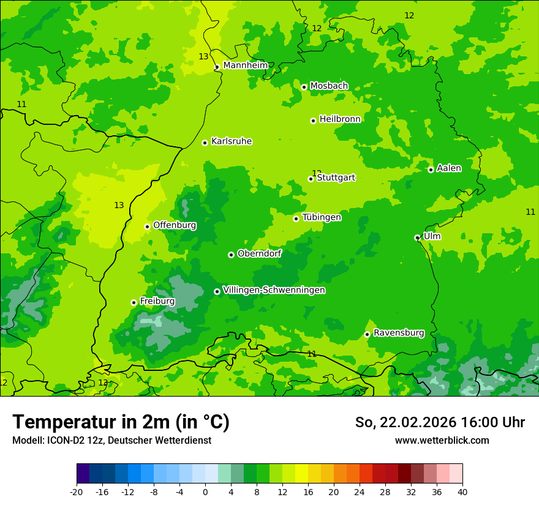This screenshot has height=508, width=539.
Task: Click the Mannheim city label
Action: click(245, 65)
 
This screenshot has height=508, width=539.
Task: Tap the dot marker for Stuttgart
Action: click(311, 179)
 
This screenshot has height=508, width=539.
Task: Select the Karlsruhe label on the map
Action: click(231, 141)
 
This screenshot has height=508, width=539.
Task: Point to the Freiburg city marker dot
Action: click(134, 302)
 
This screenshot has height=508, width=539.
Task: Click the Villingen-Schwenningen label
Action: click(274, 290)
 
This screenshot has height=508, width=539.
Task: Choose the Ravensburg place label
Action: click(398, 333)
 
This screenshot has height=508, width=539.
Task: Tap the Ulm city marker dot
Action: click(417, 237)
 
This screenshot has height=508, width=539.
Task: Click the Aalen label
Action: click(449, 168)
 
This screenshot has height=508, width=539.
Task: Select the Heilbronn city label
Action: click(340, 119)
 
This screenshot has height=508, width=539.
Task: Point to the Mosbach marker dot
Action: click(304, 87)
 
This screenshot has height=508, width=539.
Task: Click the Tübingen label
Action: click(322, 217)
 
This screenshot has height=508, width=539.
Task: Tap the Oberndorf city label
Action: click(259, 253)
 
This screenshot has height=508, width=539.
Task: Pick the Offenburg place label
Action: click(175, 225)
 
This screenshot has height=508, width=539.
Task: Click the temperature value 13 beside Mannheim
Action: click(203, 56)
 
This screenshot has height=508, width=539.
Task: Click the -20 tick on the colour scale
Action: click(77, 491)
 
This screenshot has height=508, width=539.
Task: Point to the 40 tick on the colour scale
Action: click(462, 491)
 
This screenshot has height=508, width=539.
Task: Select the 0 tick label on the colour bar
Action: click(205, 491)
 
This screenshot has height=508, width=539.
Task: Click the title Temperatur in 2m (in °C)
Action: click(121, 422)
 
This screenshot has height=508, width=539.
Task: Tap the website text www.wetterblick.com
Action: click(442, 440)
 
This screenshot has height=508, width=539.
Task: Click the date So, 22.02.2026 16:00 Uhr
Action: click(440, 422)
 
